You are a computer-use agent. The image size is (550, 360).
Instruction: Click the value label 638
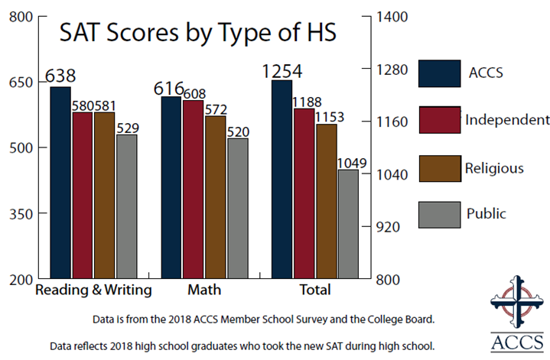click(x=60, y=76)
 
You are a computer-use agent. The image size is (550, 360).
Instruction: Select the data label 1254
click(x=282, y=71)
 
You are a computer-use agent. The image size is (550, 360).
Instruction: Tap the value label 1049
click(x=351, y=162)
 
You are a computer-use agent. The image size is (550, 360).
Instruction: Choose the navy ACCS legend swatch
click(x=440, y=75)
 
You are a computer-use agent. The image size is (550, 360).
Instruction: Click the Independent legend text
click(x=507, y=120)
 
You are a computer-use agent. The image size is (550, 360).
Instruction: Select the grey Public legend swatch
click(x=440, y=214)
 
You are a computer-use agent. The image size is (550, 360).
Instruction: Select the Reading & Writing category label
click(x=94, y=290)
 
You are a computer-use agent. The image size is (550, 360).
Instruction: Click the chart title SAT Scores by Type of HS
click(x=188, y=34)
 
